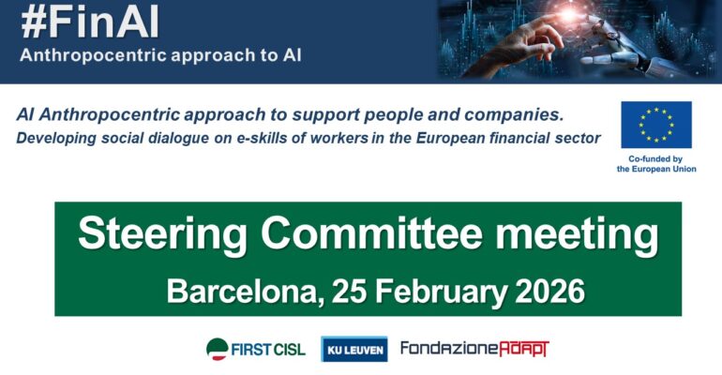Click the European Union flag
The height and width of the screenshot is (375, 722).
point(656,125)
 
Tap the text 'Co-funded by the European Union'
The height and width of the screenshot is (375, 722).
point(656,165)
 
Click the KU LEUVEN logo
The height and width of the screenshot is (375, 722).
point(354,349)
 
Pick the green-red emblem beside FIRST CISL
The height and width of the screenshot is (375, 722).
point(218,349)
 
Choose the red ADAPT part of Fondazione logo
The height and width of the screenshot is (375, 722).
point(521,349)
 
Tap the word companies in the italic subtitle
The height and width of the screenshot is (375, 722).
point(511,116)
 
